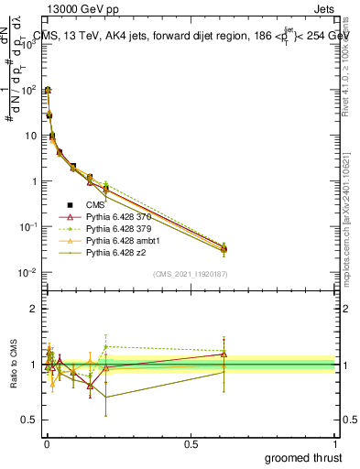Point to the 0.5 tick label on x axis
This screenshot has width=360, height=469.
click(x=191, y=443)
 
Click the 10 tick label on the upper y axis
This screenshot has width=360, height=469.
click(x=29, y=136)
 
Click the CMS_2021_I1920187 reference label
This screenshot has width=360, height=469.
click(x=191, y=275)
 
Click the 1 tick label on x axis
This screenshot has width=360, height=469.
click(x=335, y=443)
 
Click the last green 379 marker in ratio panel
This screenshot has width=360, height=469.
click(x=224, y=351)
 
